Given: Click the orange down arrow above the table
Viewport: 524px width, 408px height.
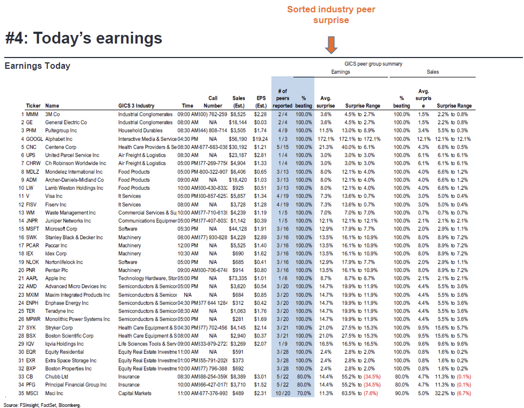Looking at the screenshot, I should [x=331, y=45].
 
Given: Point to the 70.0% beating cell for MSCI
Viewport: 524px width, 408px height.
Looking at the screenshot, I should [x=304, y=393].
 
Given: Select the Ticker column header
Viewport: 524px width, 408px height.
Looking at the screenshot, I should [x=33, y=106].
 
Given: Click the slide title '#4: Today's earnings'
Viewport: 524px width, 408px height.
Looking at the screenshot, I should [x=83, y=38].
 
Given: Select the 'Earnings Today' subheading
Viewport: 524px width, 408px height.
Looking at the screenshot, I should [x=37, y=66].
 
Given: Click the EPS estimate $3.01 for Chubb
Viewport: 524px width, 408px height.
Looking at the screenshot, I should [x=260, y=377].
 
